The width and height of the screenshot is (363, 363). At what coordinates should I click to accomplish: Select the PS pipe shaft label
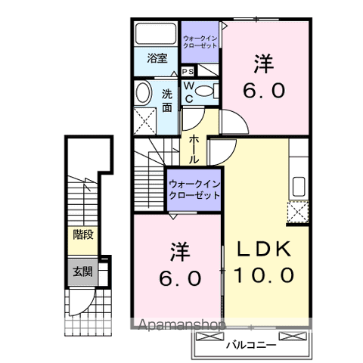click(187, 71)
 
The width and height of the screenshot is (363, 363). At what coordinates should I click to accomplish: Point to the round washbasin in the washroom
click(142, 94)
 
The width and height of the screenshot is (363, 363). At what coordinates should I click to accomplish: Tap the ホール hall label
click(194, 145)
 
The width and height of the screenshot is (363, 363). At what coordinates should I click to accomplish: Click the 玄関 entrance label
click(82, 271)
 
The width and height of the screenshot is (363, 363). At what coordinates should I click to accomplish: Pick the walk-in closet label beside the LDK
click(194, 188)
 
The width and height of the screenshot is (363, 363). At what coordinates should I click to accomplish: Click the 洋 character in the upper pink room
click(263, 65)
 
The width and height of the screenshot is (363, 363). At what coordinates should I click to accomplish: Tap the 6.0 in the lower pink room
click(180, 278)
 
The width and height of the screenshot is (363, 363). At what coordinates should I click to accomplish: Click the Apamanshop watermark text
click(179, 327)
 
